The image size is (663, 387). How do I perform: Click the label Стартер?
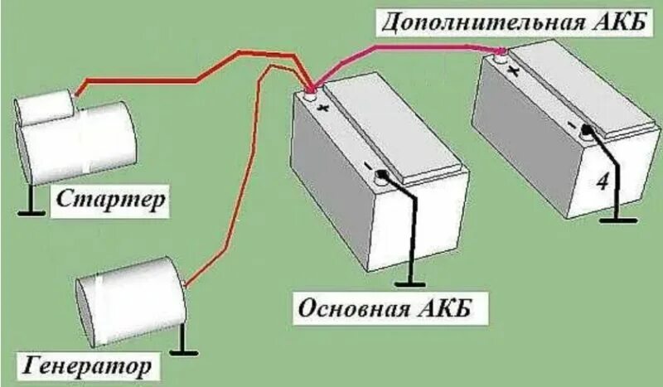point(111,200)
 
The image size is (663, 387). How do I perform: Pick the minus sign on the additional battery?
point(571,125)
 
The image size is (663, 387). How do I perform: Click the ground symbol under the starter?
point(31,207)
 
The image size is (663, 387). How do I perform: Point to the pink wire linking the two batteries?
point(414,49)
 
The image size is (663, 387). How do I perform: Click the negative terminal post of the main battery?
point(383,176)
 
